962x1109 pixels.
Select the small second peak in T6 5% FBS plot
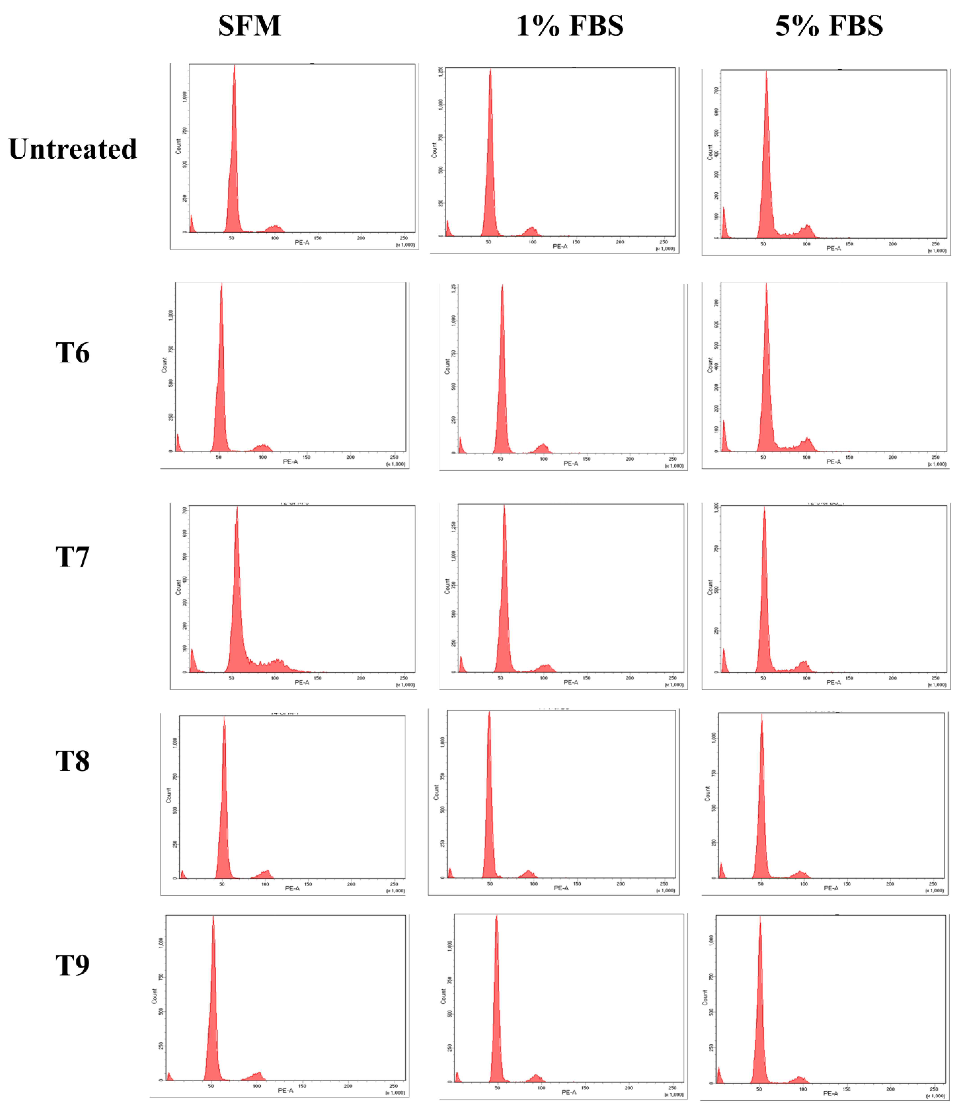[x=807, y=439]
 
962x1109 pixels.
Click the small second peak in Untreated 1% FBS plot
[x=532, y=228]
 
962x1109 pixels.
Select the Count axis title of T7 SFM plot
[x=178, y=587]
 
